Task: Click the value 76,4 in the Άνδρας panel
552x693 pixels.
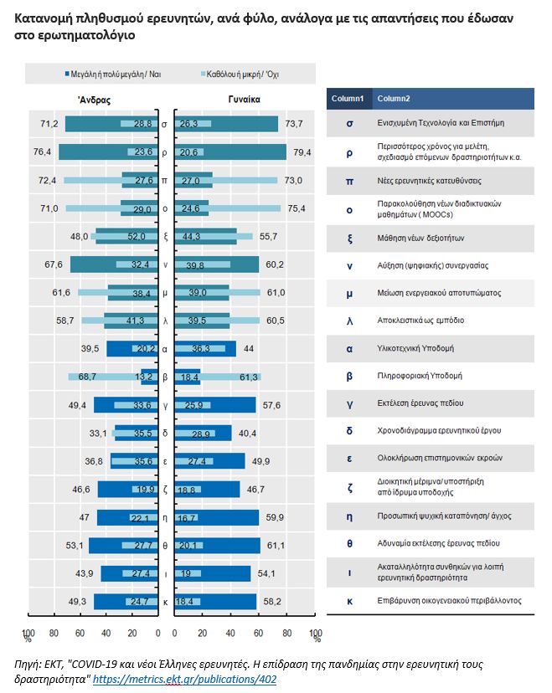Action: tap(43, 151)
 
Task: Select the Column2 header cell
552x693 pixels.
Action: tap(394, 99)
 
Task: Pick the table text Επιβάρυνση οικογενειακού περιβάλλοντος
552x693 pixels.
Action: tap(449, 600)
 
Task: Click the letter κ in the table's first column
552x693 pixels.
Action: tap(348, 600)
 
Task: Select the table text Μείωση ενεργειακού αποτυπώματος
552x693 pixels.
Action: tap(434, 293)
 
